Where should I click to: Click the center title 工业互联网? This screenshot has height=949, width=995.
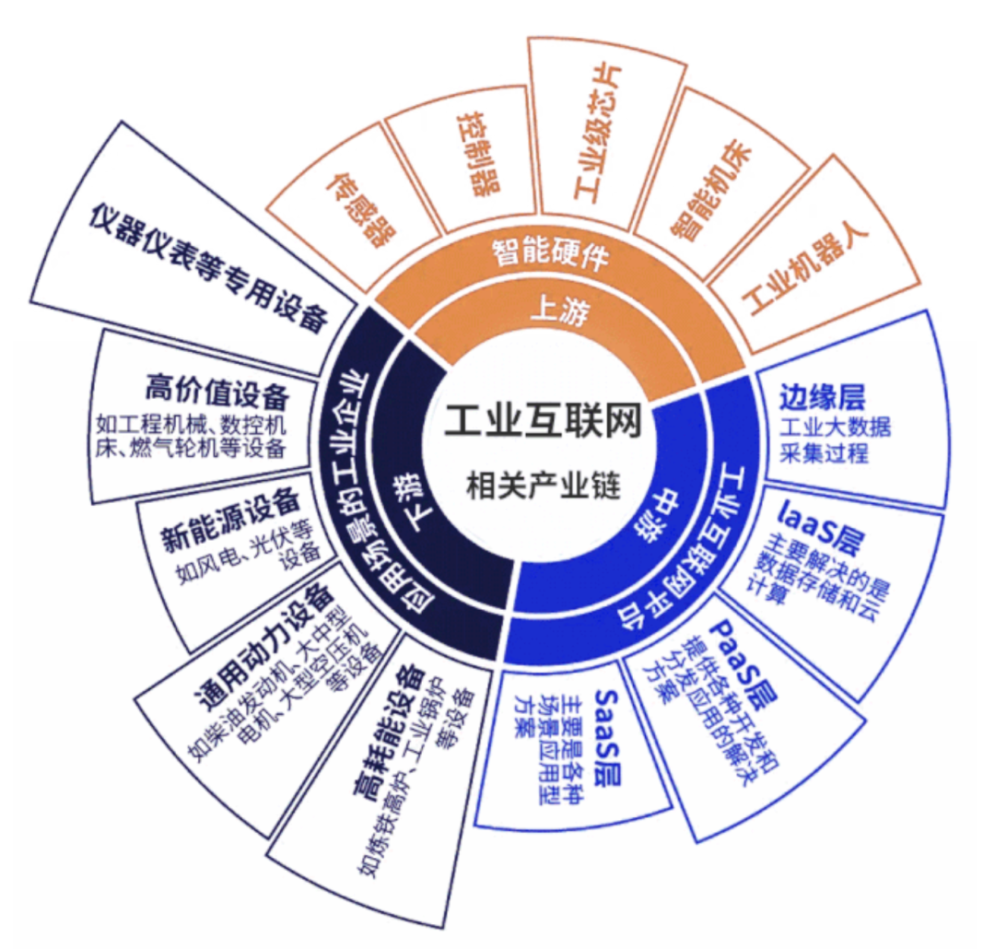pyautogui.click(x=543, y=421)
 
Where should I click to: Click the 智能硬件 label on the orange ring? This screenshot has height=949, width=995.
pyautogui.click(x=551, y=253)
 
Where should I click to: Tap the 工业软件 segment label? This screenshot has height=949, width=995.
pyautogui.click(x=598, y=133)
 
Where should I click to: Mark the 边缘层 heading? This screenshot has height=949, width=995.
pyautogui.click(x=823, y=397)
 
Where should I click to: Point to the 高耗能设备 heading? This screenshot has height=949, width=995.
pyautogui.click(x=387, y=730)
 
